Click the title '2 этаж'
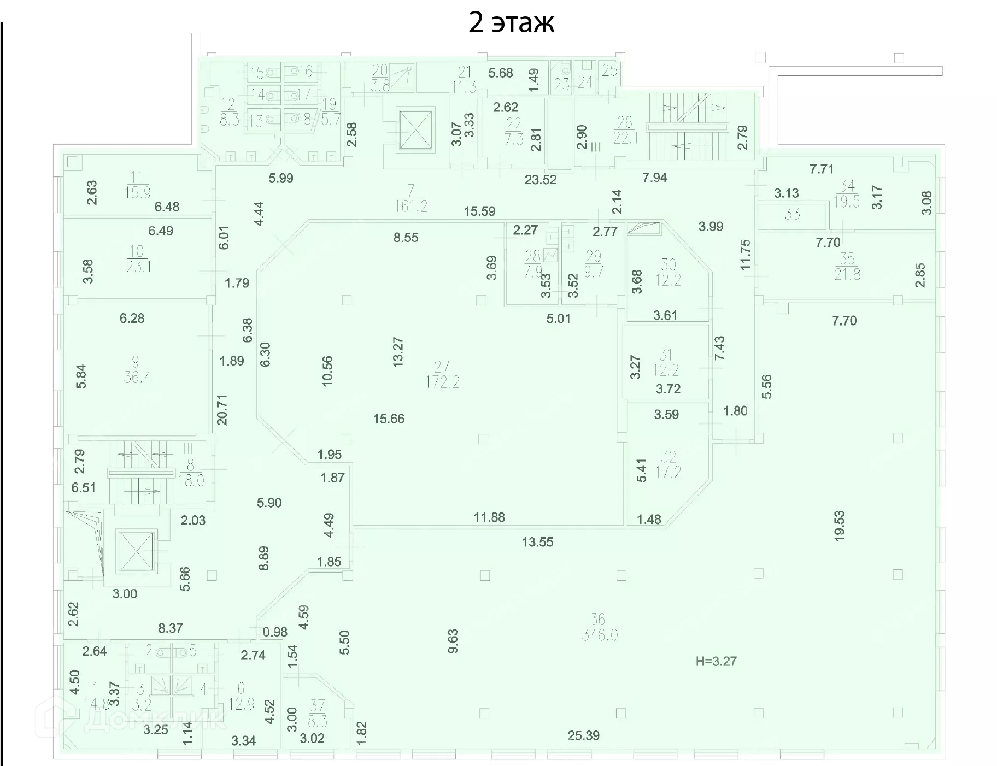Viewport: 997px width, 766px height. (511, 23)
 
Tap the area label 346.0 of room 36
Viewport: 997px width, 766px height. (600, 635)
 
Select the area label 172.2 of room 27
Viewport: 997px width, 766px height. (442, 381)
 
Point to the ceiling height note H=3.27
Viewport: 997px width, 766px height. (716, 662)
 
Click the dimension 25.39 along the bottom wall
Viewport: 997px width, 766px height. (583, 735)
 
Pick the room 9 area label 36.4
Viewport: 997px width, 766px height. (137, 377)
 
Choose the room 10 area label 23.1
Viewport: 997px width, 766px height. (138, 267)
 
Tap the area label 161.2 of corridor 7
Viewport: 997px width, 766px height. (410, 205)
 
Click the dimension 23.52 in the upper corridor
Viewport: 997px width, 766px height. (540, 180)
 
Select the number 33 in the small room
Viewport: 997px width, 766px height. (792, 214)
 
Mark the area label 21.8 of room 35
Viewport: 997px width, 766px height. (847, 274)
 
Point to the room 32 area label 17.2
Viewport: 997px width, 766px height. (668, 472)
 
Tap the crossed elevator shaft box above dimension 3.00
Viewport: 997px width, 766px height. (136, 551)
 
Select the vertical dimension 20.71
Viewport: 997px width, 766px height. (222, 410)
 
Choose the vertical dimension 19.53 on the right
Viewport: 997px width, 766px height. (839, 525)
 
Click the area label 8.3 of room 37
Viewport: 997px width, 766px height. (317, 721)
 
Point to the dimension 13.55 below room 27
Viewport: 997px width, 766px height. (537, 542)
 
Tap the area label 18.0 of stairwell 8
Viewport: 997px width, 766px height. (191, 480)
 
